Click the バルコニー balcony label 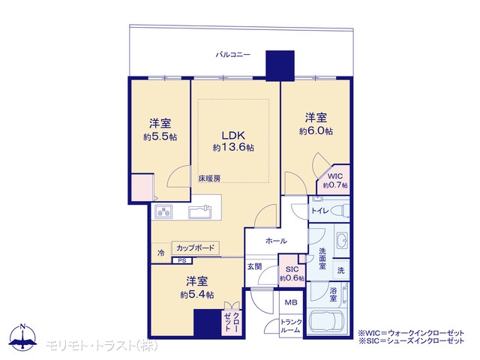(233, 55)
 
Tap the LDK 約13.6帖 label (233, 141)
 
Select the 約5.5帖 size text (160, 136)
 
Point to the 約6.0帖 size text (316, 131)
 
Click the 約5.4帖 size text (196, 295)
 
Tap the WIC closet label (335, 176)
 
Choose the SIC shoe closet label (292, 269)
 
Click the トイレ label (320, 211)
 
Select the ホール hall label (276, 241)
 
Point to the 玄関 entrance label (254, 267)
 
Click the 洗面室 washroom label (322, 259)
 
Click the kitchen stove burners (163, 211)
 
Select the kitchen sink (200, 211)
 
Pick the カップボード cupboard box (195, 248)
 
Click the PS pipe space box (182, 261)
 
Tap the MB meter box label (291, 303)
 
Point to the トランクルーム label (291, 326)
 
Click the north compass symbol (22, 337)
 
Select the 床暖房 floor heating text (209, 178)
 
